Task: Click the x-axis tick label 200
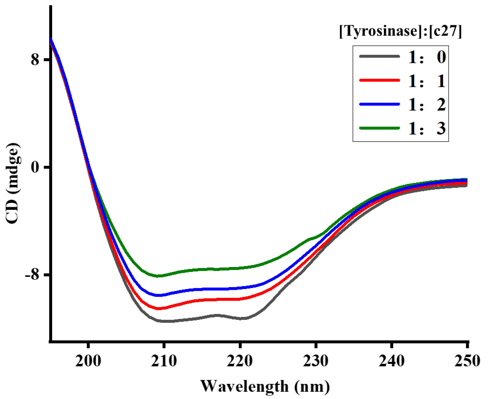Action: tap(88, 361)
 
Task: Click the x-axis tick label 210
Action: tap(164, 361)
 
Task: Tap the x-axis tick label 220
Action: tap(240, 361)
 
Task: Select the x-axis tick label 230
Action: tap(316, 361)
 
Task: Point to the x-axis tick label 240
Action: tap(392, 361)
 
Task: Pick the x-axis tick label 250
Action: tap(467, 361)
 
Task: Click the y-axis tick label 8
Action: tap(35, 59)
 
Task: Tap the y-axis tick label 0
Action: tap(35, 167)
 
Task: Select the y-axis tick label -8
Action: tap(31, 275)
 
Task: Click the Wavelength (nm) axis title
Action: tap(265, 386)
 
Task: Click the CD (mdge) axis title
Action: tap(13, 183)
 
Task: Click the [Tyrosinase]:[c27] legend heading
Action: tap(401, 31)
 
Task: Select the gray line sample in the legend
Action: tap(380, 56)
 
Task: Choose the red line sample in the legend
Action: tap(380, 80)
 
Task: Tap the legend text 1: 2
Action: tap(427, 104)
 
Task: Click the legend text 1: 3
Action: tap(427, 128)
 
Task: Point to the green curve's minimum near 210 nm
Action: tap(158, 276)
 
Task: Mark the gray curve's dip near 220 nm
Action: tap(242, 319)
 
